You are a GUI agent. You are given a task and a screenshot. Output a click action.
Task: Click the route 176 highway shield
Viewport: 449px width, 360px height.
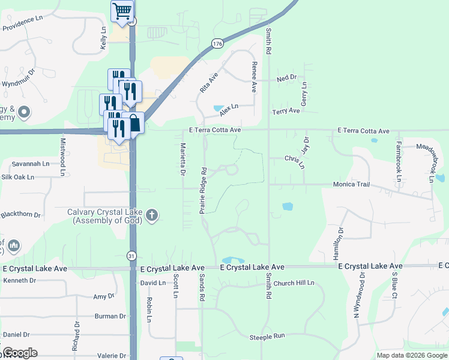[217, 43]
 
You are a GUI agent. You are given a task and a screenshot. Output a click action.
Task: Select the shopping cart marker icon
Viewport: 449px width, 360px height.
[122, 10]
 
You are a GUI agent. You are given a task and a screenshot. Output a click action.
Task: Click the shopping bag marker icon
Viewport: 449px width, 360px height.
[135, 123]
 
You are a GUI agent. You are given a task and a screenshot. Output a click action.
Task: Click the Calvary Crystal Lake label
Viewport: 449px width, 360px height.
[107, 217]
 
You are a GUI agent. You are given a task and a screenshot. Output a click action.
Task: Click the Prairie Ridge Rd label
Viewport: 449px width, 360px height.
[203, 190]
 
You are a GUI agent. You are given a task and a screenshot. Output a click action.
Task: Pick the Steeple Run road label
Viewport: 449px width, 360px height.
[267, 337]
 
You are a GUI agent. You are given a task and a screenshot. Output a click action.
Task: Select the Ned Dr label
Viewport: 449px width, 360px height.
[287, 78]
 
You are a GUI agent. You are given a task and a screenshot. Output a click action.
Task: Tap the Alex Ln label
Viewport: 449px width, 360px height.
[229, 110]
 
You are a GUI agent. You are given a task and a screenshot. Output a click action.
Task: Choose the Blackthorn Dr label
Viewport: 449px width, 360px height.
[20, 214]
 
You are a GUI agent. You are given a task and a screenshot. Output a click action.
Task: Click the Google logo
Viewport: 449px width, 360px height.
[20, 353]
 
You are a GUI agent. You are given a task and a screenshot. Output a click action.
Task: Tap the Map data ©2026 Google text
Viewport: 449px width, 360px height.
[411, 355]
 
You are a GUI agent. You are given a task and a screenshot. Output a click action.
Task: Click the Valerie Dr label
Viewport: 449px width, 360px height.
[113, 356]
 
